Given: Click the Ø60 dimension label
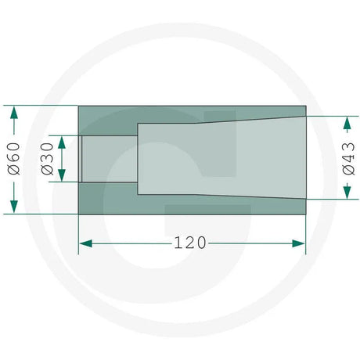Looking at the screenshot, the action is [14, 159].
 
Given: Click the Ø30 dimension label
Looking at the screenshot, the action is [47, 159].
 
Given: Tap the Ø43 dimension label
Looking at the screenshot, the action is [348, 159].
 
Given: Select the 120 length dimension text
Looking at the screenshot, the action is [189, 243].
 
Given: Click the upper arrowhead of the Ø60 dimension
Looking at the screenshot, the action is [14, 113].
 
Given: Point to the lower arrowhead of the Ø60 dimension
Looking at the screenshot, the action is [14, 207].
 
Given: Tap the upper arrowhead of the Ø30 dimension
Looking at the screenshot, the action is [62, 142].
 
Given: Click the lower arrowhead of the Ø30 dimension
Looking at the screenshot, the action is [62, 175].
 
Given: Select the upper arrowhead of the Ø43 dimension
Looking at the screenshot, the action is [347, 123].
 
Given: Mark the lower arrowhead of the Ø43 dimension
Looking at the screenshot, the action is [347, 193].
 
